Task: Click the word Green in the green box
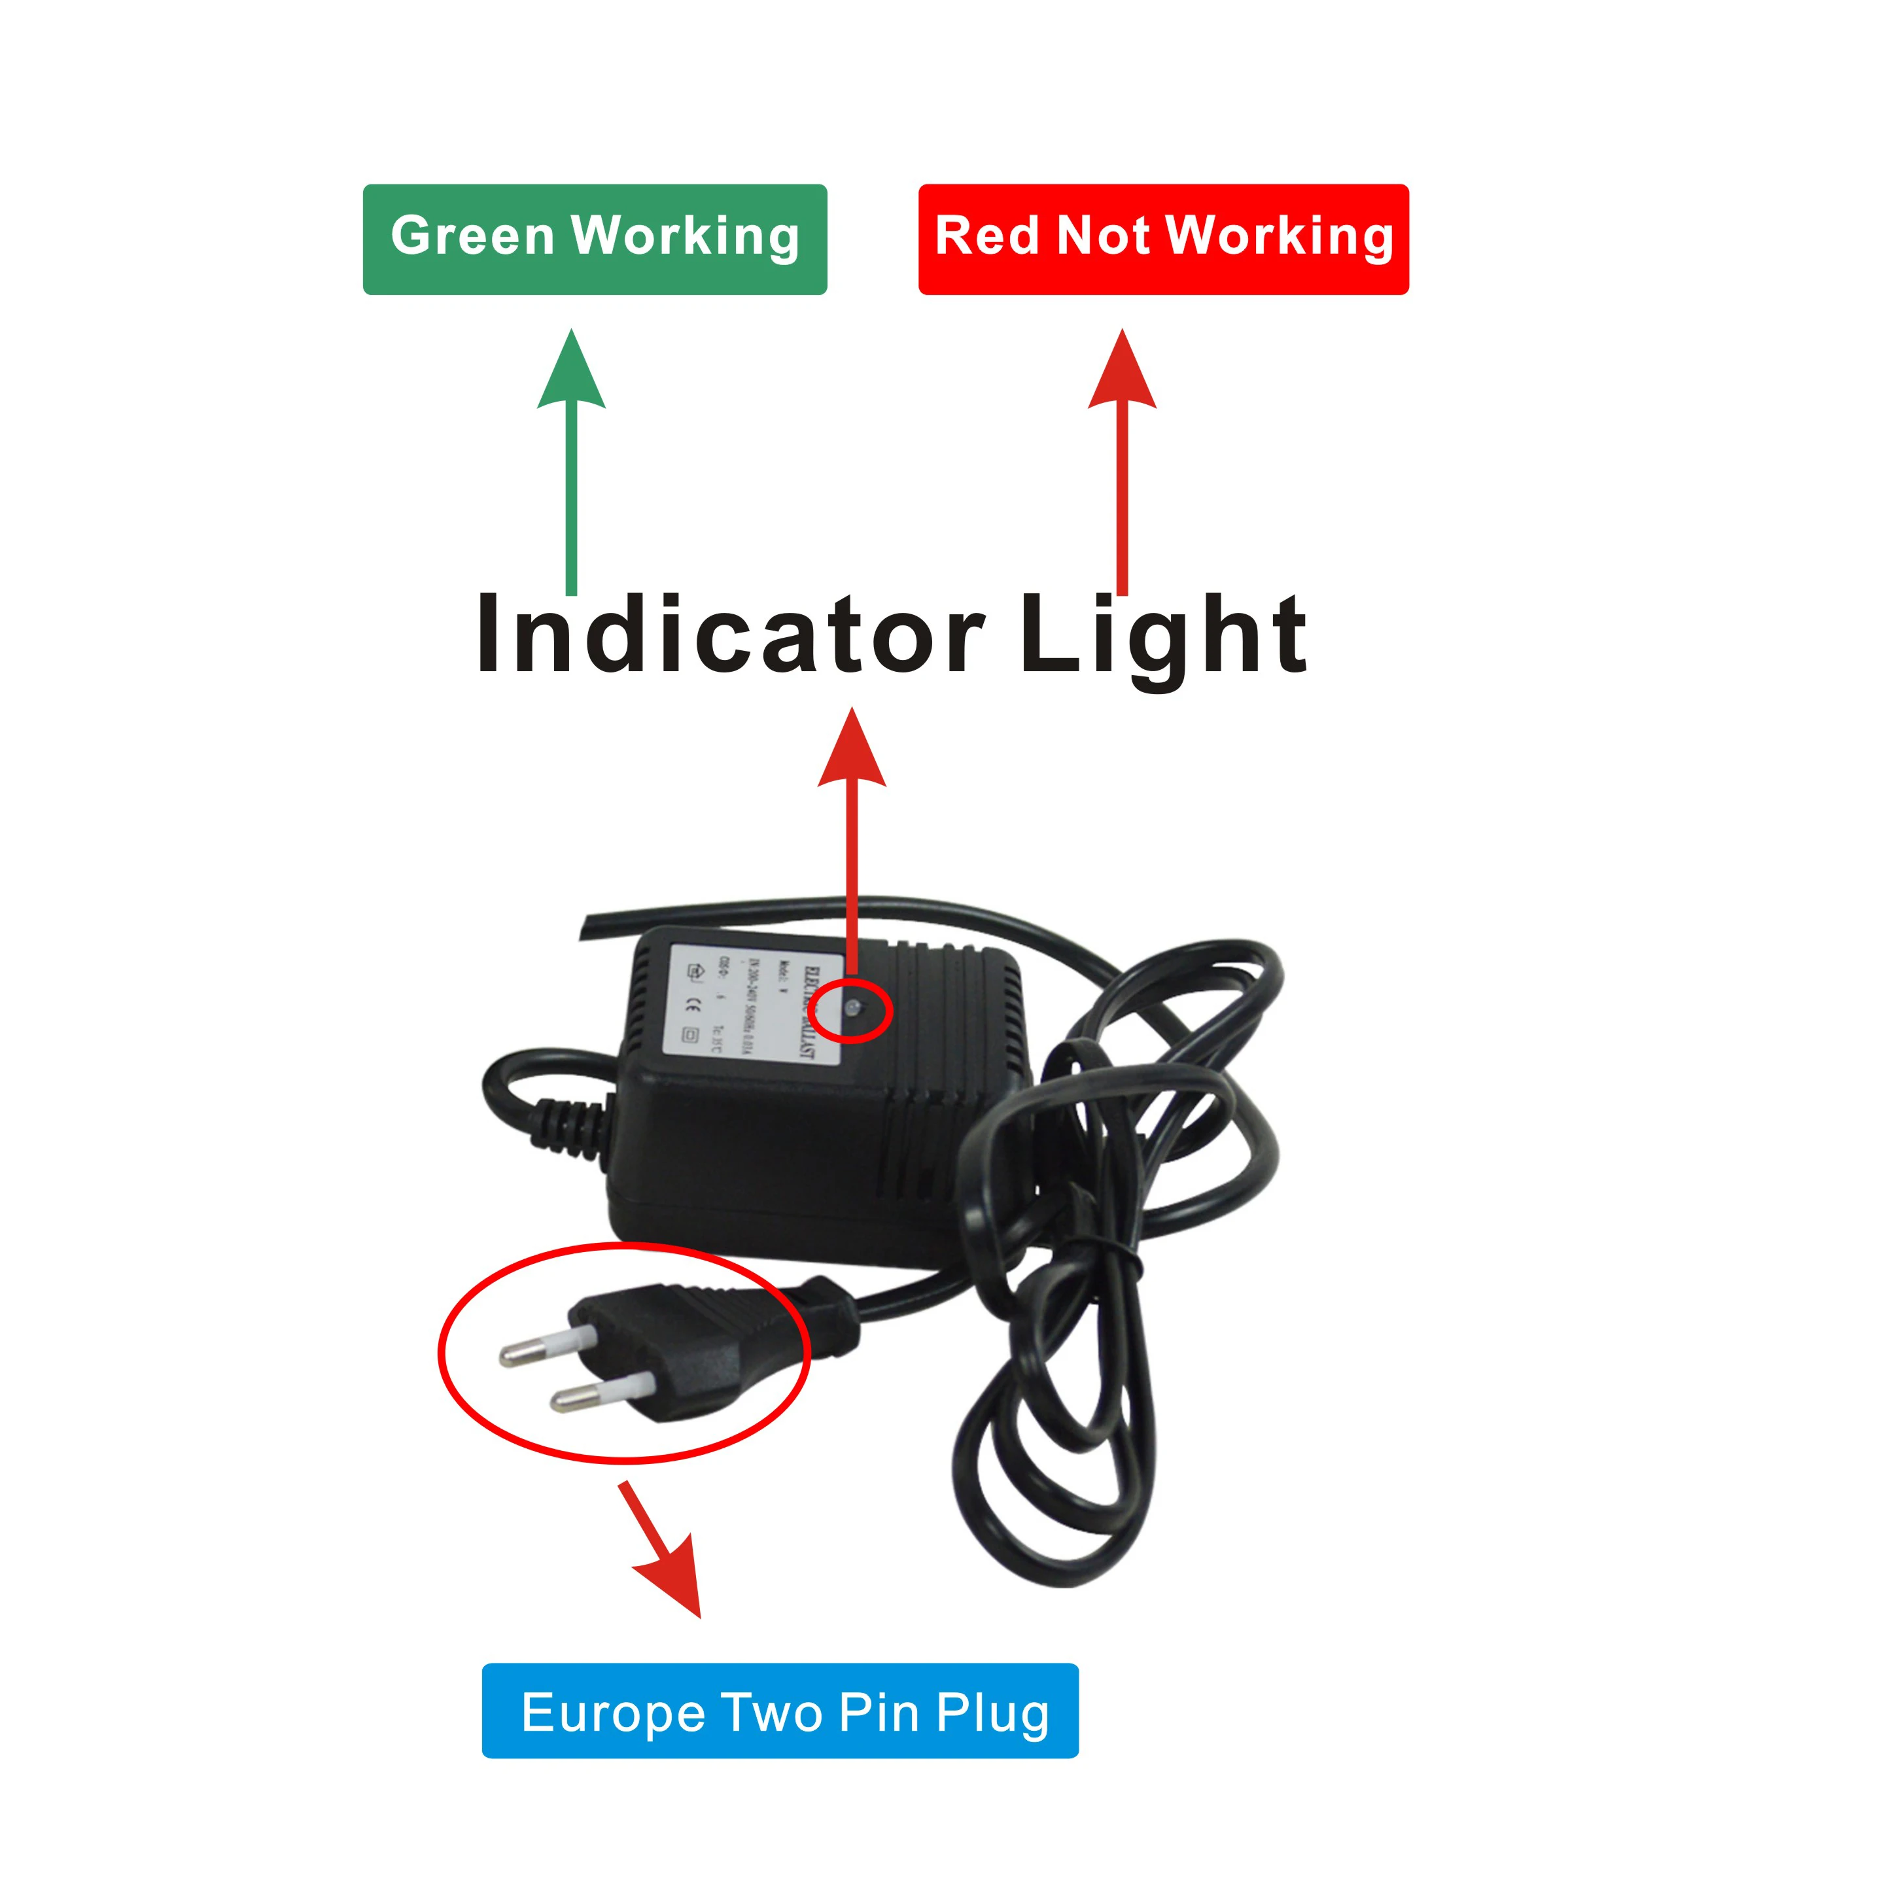coord(472,237)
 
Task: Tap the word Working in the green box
coord(685,237)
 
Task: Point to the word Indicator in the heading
coord(729,636)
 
